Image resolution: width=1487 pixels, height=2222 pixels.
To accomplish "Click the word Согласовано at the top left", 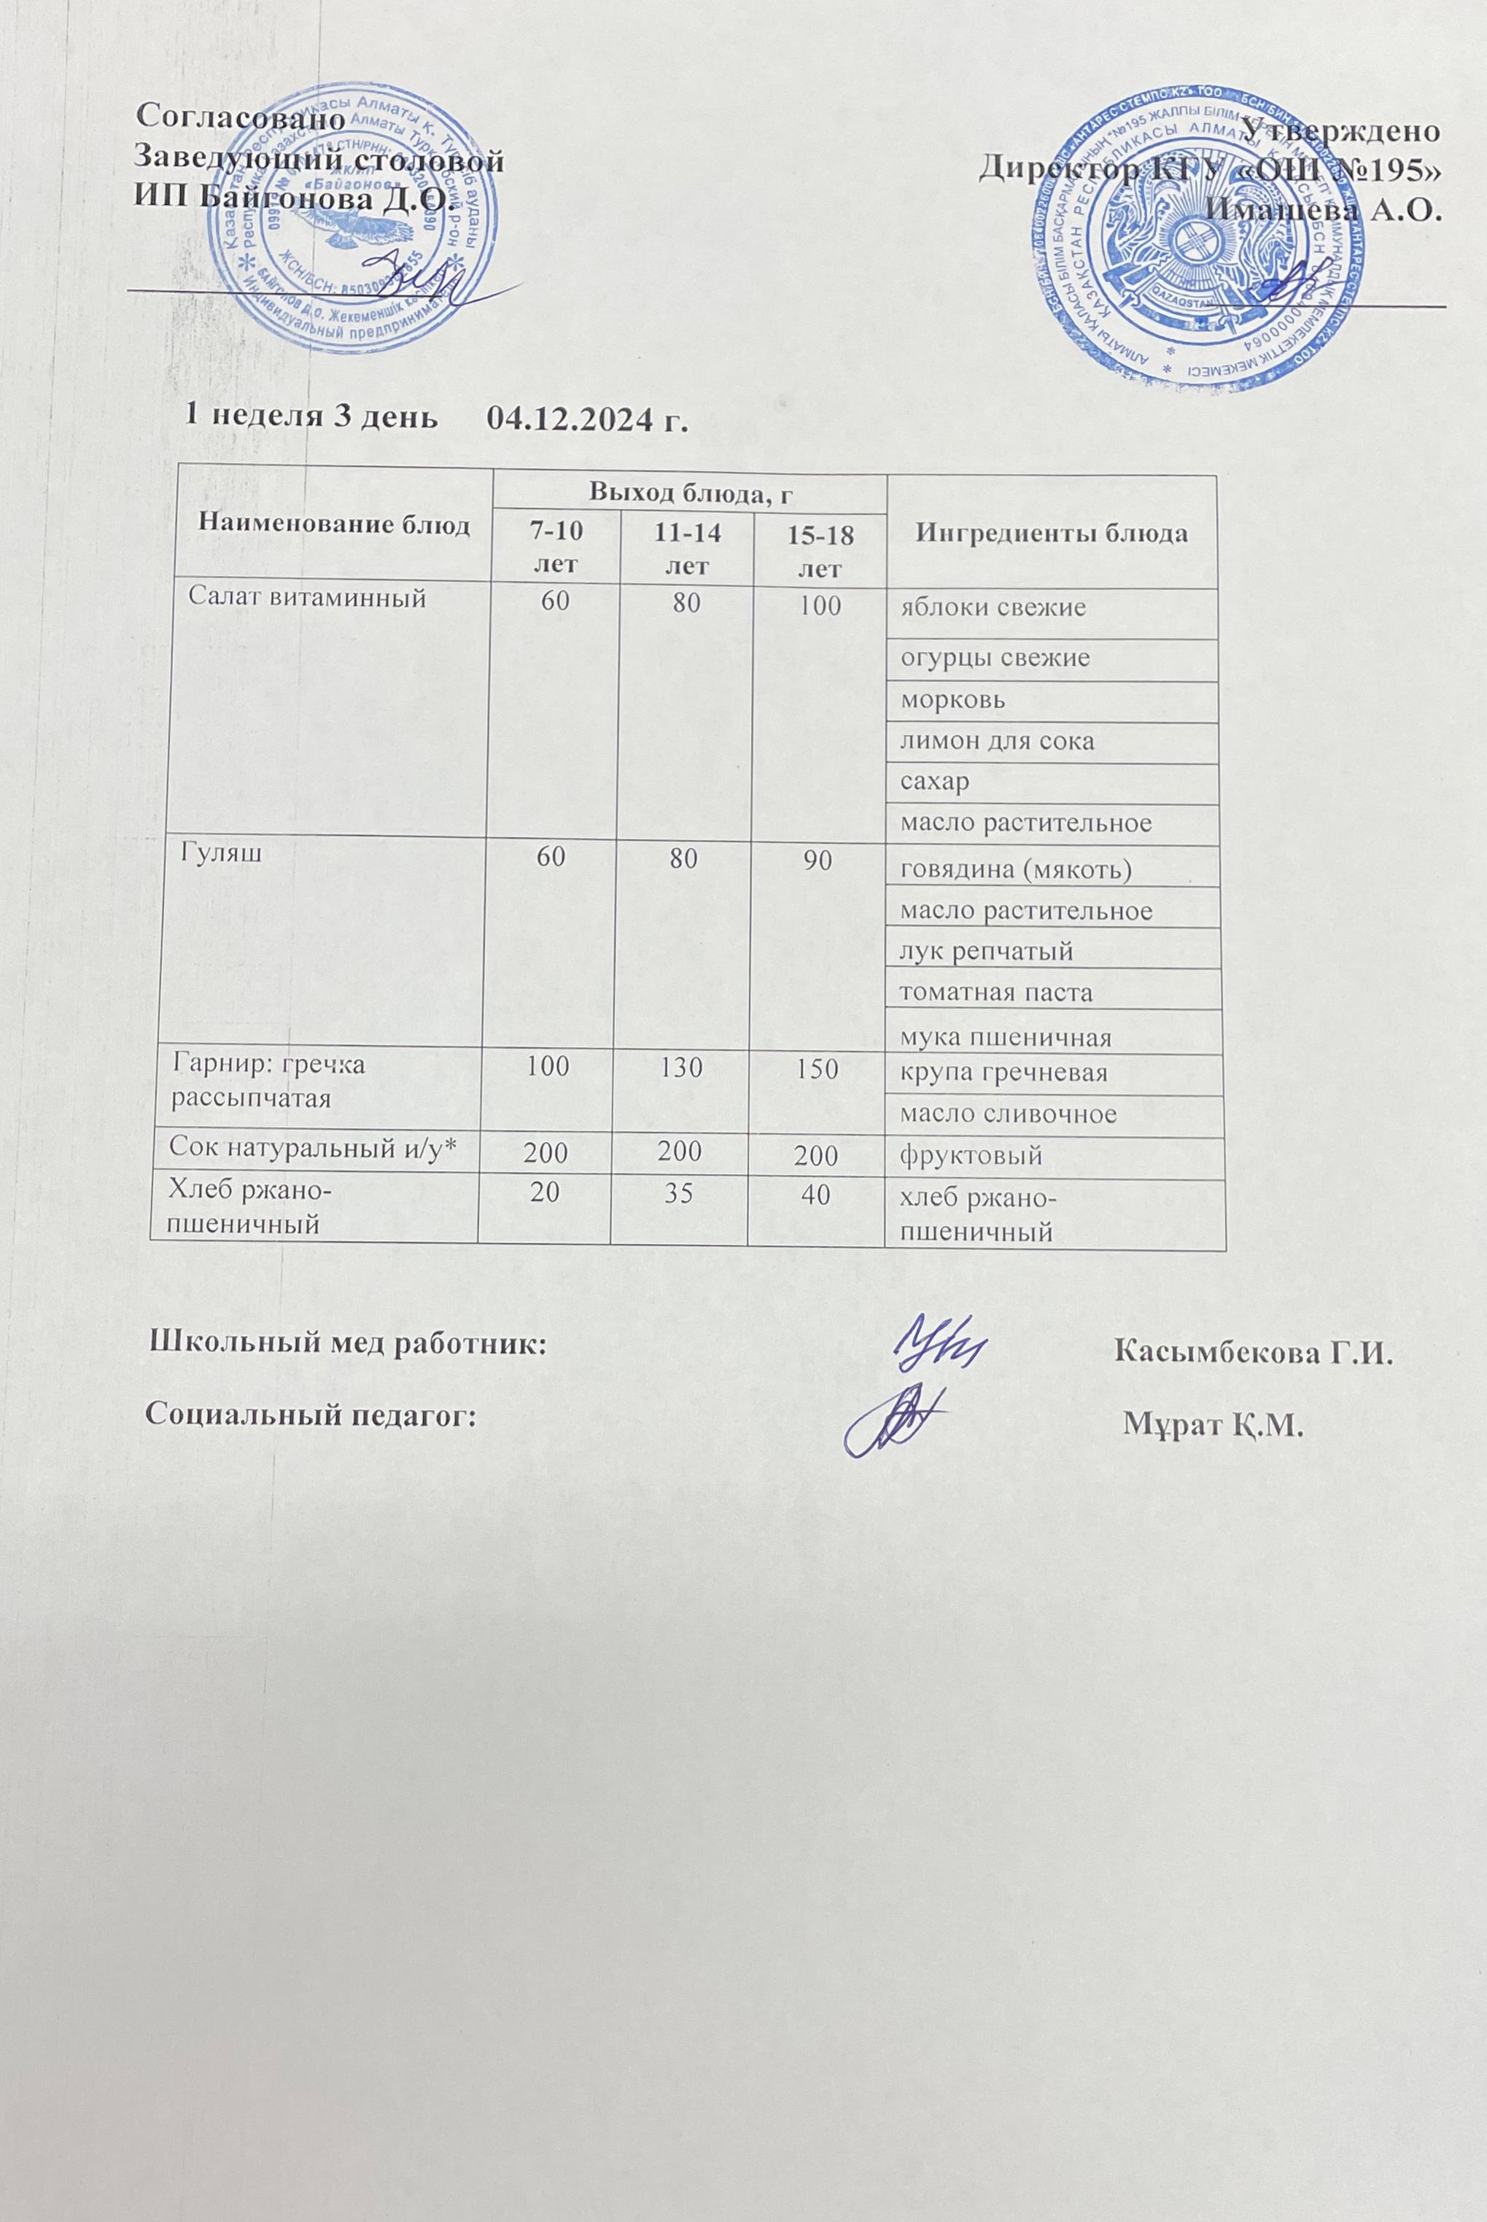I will point(240,117).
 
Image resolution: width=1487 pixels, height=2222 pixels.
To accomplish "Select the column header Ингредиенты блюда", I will point(1052,533).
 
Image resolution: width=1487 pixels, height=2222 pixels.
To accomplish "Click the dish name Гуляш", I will point(216,852).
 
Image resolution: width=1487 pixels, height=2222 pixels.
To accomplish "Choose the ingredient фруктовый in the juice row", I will point(971,1156).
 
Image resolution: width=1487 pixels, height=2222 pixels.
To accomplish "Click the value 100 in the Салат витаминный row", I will point(820,605).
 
